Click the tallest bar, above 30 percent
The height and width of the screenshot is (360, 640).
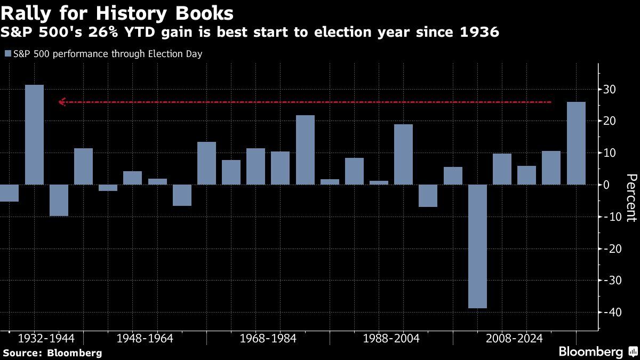click(x=34, y=134)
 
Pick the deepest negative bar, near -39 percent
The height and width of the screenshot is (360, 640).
click(x=477, y=246)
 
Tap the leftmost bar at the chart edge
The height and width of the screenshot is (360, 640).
click(x=9, y=193)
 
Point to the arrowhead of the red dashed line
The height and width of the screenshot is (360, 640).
click(x=61, y=102)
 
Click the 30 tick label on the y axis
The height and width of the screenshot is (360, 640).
click(x=610, y=90)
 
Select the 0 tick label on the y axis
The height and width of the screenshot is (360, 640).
click(x=607, y=185)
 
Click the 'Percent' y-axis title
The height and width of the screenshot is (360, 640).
click(x=631, y=197)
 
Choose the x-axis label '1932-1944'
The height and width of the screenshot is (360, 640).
click(x=46, y=339)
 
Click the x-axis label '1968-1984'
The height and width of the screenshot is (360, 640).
click(x=268, y=339)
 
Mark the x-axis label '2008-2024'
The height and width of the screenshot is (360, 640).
click(x=514, y=339)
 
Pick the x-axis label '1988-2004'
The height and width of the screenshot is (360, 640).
click(x=391, y=339)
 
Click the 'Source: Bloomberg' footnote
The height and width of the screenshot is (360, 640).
click(x=52, y=353)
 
